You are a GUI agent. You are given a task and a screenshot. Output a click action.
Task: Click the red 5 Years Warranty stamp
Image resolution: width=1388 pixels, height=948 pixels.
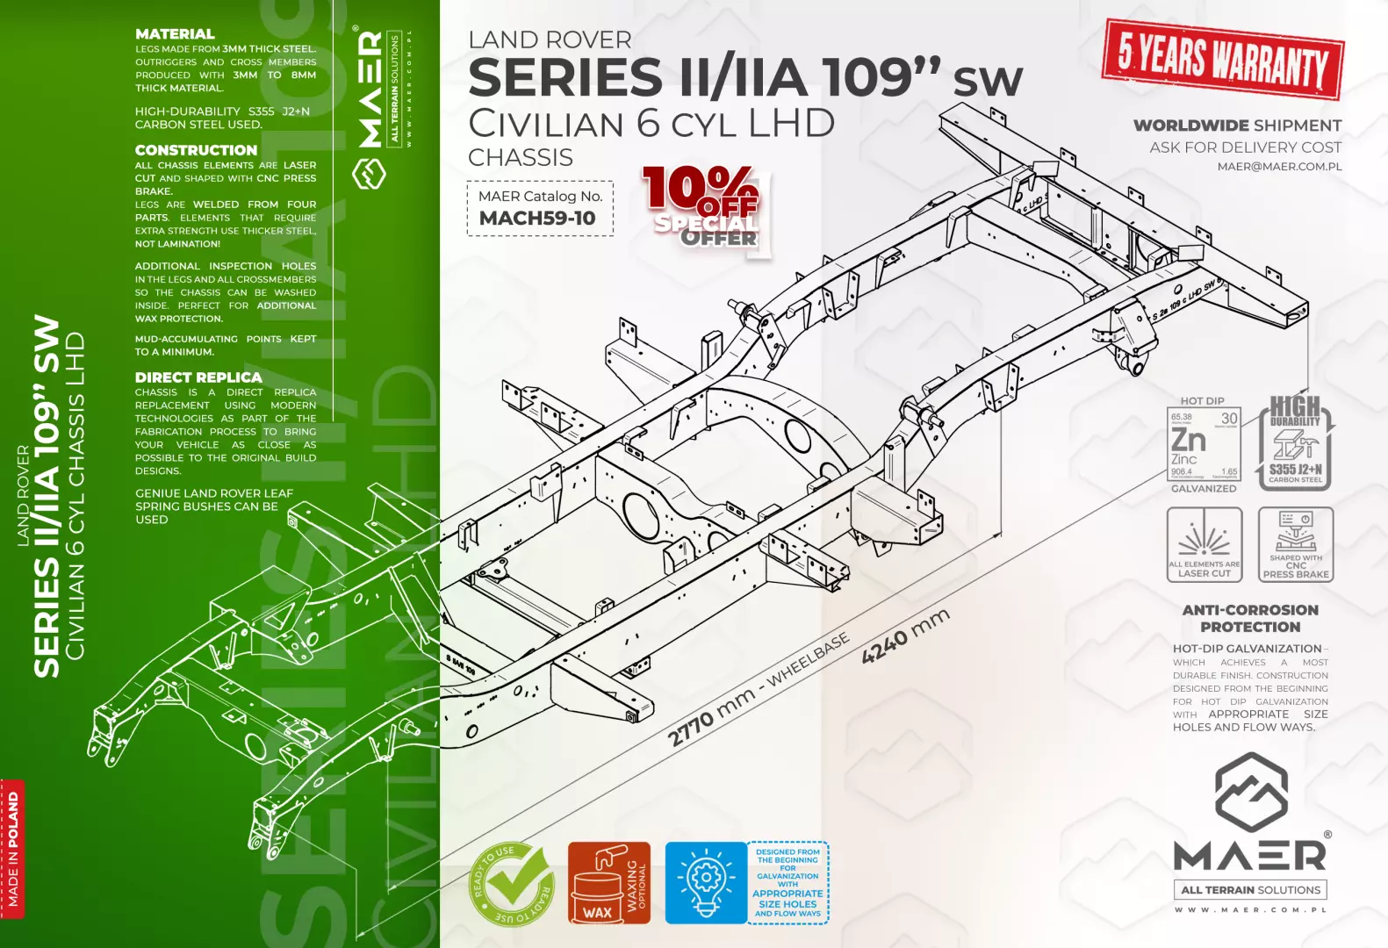click(x=1223, y=59)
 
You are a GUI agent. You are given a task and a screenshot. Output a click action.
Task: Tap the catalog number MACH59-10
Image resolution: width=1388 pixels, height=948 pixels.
click(x=537, y=219)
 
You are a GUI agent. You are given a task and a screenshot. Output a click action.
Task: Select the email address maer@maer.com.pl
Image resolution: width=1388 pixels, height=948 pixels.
click(x=1279, y=167)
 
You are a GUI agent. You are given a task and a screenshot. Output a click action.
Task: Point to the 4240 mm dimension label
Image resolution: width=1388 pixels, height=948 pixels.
click(x=905, y=636)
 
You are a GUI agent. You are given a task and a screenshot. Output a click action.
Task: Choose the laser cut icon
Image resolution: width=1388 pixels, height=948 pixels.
click(x=1205, y=544)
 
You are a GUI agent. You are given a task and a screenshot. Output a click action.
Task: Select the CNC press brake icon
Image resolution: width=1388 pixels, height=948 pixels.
click(x=1296, y=544)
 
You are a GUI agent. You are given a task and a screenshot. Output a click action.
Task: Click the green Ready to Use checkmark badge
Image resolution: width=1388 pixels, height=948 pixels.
click(x=512, y=883)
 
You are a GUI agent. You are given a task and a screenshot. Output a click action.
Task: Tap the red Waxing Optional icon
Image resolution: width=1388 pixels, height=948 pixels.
click(x=608, y=883)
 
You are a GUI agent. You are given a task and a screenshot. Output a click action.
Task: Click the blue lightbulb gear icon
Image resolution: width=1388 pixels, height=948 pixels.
click(x=705, y=883)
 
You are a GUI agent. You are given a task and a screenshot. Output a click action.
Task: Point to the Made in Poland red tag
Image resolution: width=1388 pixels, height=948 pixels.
click(x=12, y=849)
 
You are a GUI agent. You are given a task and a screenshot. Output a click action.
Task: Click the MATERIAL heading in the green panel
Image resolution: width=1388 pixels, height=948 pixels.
click(x=175, y=34)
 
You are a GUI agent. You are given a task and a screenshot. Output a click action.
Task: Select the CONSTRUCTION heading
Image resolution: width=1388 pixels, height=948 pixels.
click(x=196, y=150)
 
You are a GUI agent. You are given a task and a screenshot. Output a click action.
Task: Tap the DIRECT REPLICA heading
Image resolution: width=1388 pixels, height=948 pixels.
click(x=198, y=377)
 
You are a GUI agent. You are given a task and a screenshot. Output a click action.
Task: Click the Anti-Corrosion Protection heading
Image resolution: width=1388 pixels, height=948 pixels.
click(x=1250, y=618)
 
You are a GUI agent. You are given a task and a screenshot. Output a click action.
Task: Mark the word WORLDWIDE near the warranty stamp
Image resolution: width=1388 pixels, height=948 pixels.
click(x=1190, y=126)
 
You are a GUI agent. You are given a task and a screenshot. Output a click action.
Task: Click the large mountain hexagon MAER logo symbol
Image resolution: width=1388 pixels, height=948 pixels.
click(x=1251, y=794)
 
